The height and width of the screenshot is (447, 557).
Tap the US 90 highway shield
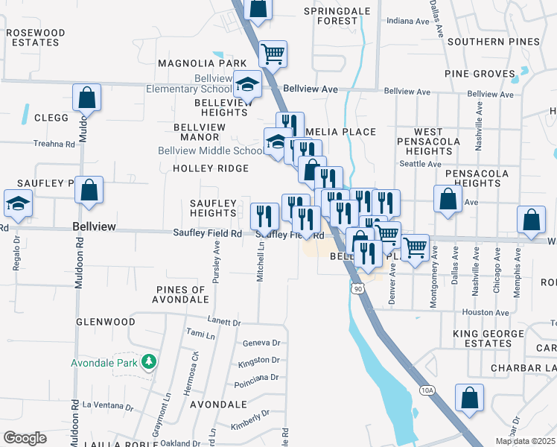pyautogui.click(x=358, y=288)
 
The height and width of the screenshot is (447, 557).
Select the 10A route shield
pyautogui.click(x=427, y=390)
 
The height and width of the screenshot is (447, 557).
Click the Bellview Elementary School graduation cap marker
pyautogui.click(x=247, y=86)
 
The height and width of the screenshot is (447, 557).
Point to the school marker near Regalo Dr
pyautogui.click(x=17, y=203)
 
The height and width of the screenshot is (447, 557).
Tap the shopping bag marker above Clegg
pyautogui.click(x=87, y=98)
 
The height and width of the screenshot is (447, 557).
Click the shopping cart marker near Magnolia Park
pyautogui.click(x=273, y=54)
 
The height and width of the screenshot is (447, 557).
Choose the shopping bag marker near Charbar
pyautogui.click(x=469, y=398)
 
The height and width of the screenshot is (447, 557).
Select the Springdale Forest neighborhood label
pyautogui.click(x=331, y=16)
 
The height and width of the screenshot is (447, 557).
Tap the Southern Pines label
pyautogui.click(x=488, y=41)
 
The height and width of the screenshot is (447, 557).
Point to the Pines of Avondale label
pyautogui.click(x=182, y=294)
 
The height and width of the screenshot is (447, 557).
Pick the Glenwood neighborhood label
pyautogui.click(x=106, y=322)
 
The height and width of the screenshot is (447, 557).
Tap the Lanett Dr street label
pyautogui.click(x=225, y=323)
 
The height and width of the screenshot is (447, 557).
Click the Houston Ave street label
pyautogui.click(x=478, y=312)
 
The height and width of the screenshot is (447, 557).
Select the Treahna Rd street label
pyautogui.click(x=54, y=144)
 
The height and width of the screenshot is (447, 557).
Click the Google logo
pyautogui.click(x=25, y=438)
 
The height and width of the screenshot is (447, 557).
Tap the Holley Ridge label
pyautogui.click(x=211, y=168)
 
